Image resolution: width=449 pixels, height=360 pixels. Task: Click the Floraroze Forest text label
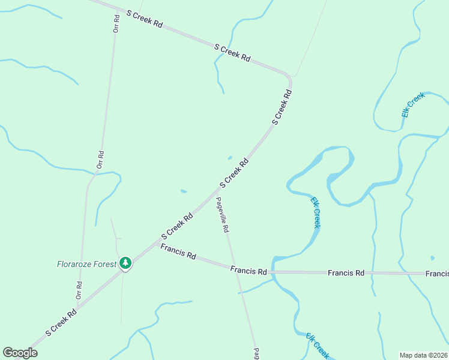[86, 263]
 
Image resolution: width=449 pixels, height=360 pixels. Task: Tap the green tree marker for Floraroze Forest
[125, 263]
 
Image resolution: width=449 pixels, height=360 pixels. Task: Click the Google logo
[20, 353]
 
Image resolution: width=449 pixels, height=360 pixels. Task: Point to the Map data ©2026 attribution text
[423, 355]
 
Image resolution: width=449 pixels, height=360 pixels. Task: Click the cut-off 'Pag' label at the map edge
[256, 353]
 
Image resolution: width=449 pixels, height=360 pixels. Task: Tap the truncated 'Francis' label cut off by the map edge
[437, 274]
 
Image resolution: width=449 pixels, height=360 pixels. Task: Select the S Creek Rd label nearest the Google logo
[61, 323]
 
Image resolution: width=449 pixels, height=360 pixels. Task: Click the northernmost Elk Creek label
[413, 104]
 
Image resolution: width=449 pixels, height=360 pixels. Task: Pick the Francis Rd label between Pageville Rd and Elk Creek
[249, 271]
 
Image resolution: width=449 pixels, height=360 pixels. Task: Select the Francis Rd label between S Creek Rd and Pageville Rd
[178, 251]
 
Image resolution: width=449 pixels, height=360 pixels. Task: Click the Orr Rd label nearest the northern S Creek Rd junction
[116, 23]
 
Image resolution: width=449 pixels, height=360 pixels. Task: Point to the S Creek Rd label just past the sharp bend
[282, 107]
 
